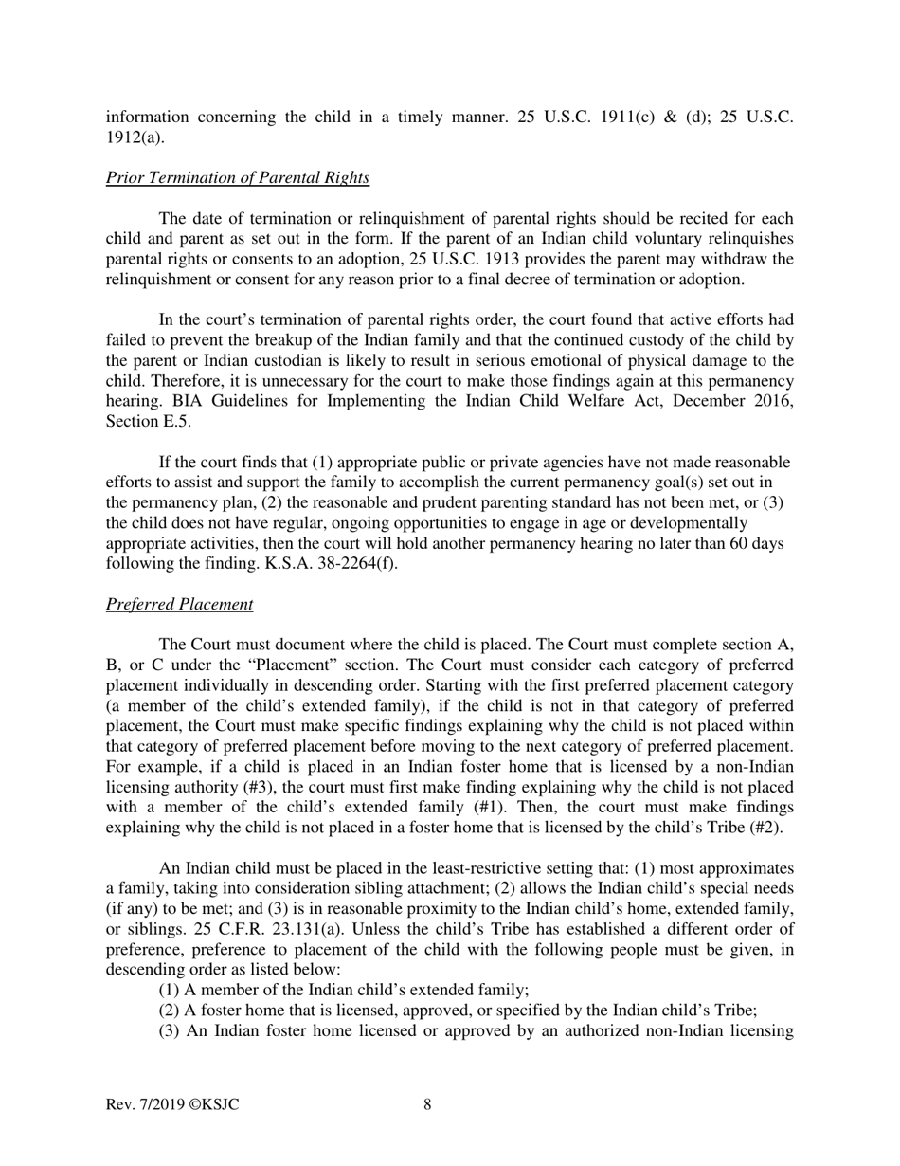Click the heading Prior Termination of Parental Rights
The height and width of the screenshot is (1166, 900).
(237, 177)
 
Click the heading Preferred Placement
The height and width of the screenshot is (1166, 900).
(179, 604)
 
